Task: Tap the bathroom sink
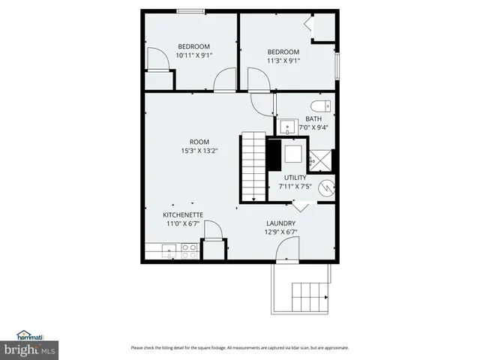pos(287,125)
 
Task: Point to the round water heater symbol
pos(327,187)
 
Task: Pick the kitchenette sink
pos(166,251)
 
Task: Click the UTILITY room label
pos(295,178)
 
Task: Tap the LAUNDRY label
pos(280,223)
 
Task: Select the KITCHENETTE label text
pos(183,214)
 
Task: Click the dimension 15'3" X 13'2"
pos(199,151)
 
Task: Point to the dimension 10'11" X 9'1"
pos(193,55)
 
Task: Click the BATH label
pos(313,118)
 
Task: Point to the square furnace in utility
pos(293,152)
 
